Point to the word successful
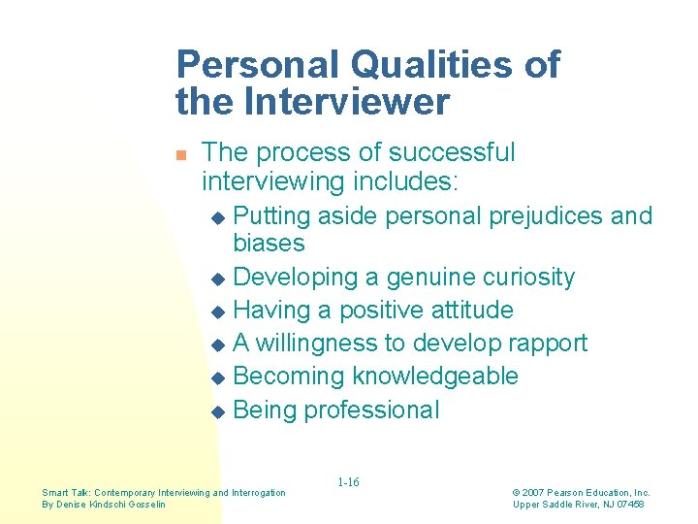pyautogui.click(x=452, y=152)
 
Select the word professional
pyautogui.click(x=371, y=409)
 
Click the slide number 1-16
pyautogui.click(x=348, y=482)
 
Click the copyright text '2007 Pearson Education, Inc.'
pyautogui.click(x=587, y=493)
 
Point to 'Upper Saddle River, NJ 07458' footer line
pyautogui.click(x=579, y=505)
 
